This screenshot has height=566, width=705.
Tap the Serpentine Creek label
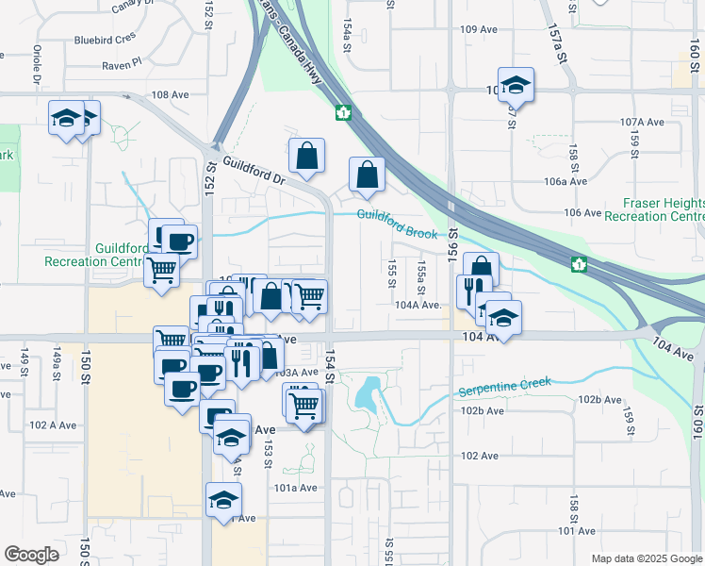(503, 387)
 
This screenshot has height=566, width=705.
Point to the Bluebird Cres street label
(107, 41)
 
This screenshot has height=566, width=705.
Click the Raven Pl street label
(123, 63)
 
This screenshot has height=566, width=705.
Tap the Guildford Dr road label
(253, 170)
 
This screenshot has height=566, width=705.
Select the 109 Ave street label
(479, 29)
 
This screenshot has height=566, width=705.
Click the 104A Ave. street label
(418, 305)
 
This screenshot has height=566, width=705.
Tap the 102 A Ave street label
(53, 424)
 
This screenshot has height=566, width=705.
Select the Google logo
(31, 555)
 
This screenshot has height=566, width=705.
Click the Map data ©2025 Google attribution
(647, 558)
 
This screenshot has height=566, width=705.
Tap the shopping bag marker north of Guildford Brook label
(367, 173)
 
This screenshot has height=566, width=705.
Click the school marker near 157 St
(516, 85)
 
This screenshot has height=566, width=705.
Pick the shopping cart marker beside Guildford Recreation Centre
(161, 270)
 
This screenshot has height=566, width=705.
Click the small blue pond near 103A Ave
(367, 392)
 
